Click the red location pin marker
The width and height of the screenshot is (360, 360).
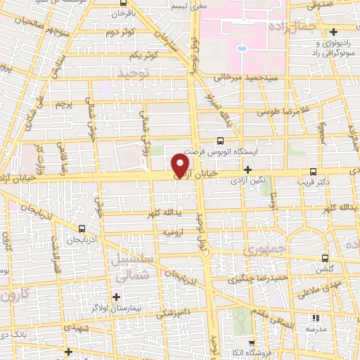click(x=181, y=166)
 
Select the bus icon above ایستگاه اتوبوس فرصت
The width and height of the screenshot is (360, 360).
click(x=221, y=141)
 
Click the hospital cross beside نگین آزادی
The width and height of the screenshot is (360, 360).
click(x=247, y=169)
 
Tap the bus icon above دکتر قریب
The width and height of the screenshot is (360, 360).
click(x=313, y=171)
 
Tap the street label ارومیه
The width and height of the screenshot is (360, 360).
click(x=174, y=231)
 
